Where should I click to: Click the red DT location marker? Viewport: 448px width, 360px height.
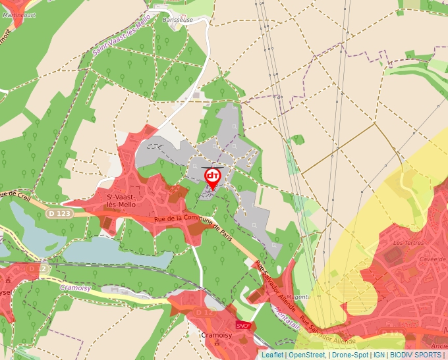212,177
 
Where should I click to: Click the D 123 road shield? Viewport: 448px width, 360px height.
58,213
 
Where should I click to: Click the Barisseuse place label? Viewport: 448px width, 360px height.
177,20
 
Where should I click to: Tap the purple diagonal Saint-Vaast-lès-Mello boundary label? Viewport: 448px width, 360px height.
121,39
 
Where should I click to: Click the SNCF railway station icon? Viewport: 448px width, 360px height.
243,325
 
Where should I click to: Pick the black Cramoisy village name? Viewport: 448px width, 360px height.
214,335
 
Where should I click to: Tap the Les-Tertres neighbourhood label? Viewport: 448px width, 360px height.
403,243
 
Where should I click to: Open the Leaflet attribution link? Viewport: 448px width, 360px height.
272,355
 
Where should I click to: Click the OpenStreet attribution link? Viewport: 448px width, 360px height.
306,355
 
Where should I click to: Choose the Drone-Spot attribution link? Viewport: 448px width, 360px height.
350,355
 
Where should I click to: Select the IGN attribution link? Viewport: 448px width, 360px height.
379,355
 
